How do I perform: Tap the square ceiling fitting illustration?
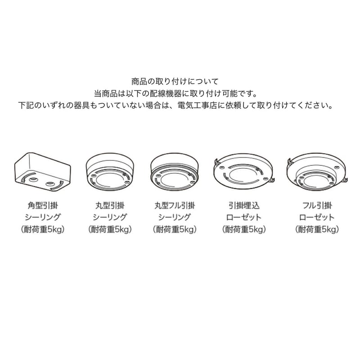click(x=43, y=171)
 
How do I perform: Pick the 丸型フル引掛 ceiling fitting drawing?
click(x=174, y=173)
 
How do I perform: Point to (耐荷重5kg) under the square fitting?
click(x=43, y=229)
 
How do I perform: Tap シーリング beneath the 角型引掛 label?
click(x=43, y=218)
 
